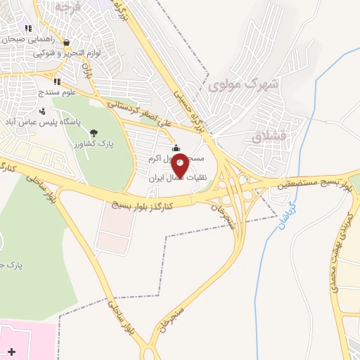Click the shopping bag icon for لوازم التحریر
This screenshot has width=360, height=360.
65,41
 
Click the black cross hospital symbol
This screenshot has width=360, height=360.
11,350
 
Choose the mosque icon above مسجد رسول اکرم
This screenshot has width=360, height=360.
175,147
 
